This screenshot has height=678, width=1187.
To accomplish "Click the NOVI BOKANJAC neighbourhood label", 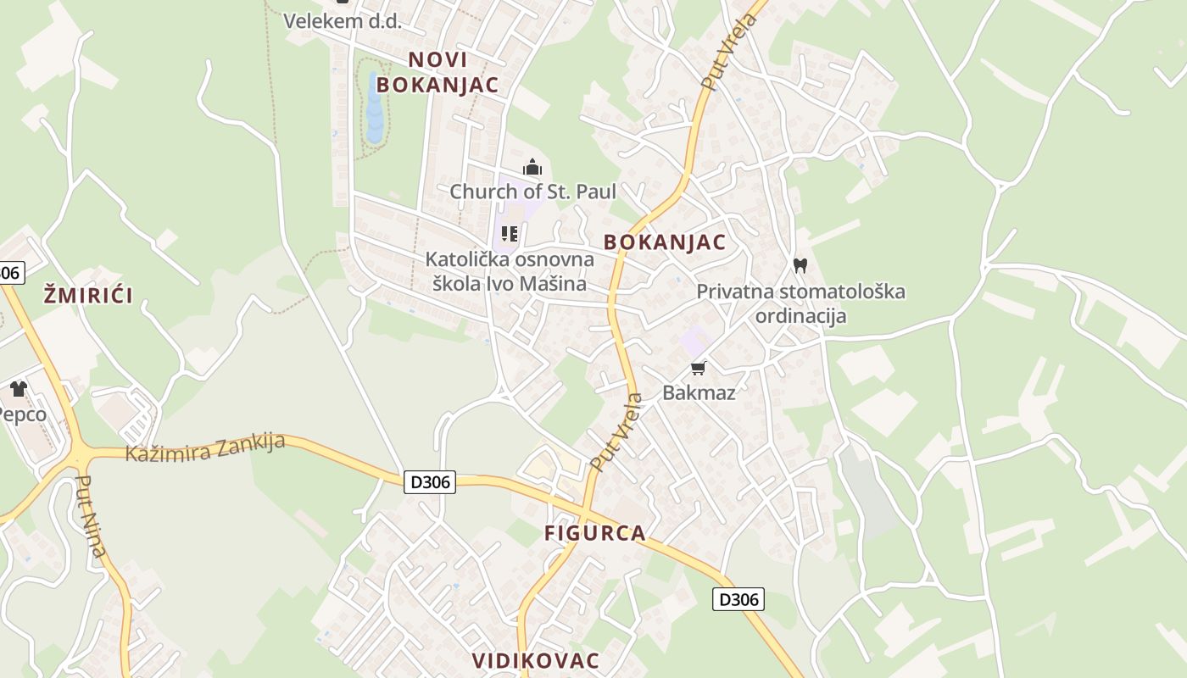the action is click(437, 72).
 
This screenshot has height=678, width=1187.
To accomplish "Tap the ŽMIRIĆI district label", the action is click(88, 296).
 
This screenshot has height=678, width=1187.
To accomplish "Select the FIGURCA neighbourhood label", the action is click(594, 533).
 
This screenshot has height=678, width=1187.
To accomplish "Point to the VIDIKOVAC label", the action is click(535, 660).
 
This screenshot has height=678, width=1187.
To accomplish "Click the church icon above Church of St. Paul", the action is click(532, 167).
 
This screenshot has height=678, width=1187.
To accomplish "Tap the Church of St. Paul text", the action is click(532, 192).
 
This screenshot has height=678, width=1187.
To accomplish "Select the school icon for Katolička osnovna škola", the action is click(510, 233).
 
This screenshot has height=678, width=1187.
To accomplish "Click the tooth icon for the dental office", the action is click(800, 265).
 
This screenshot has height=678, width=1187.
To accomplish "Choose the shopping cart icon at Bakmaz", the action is click(699, 368).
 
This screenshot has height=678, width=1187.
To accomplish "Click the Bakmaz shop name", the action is click(699, 392).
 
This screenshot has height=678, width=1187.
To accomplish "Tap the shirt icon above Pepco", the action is click(19, 389).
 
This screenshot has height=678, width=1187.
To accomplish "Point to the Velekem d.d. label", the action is click(342, 21).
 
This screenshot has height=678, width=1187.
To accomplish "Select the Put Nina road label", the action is click(90, 516).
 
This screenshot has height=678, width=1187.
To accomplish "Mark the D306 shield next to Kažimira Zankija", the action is click(431, 482).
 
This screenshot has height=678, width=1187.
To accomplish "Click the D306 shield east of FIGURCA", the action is click(738, 599).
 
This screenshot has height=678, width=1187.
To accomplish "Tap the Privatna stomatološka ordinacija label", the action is click(800, 303).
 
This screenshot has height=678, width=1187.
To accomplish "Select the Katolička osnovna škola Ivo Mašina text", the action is click(510, 271).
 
